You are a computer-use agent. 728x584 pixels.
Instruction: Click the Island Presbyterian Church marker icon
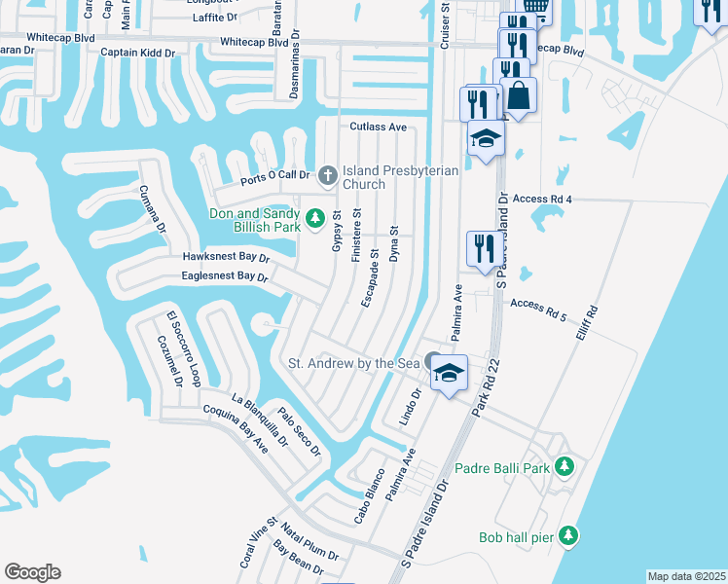point(328,176)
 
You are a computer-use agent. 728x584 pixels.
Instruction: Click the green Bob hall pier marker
point(569,535)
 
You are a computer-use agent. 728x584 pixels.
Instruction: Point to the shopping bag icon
point(519,96)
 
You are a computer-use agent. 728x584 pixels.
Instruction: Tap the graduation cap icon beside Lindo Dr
point(448,373)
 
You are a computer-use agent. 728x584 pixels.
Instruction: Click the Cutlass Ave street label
point(378,127)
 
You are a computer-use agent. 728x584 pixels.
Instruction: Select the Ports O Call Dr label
point(274,177)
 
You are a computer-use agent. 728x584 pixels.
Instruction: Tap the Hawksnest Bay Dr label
point(225,257)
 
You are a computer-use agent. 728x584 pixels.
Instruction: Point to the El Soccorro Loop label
point(182,347)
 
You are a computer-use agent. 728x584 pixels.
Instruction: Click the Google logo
point(32,572)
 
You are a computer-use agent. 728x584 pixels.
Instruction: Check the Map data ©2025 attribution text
point(685,576)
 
